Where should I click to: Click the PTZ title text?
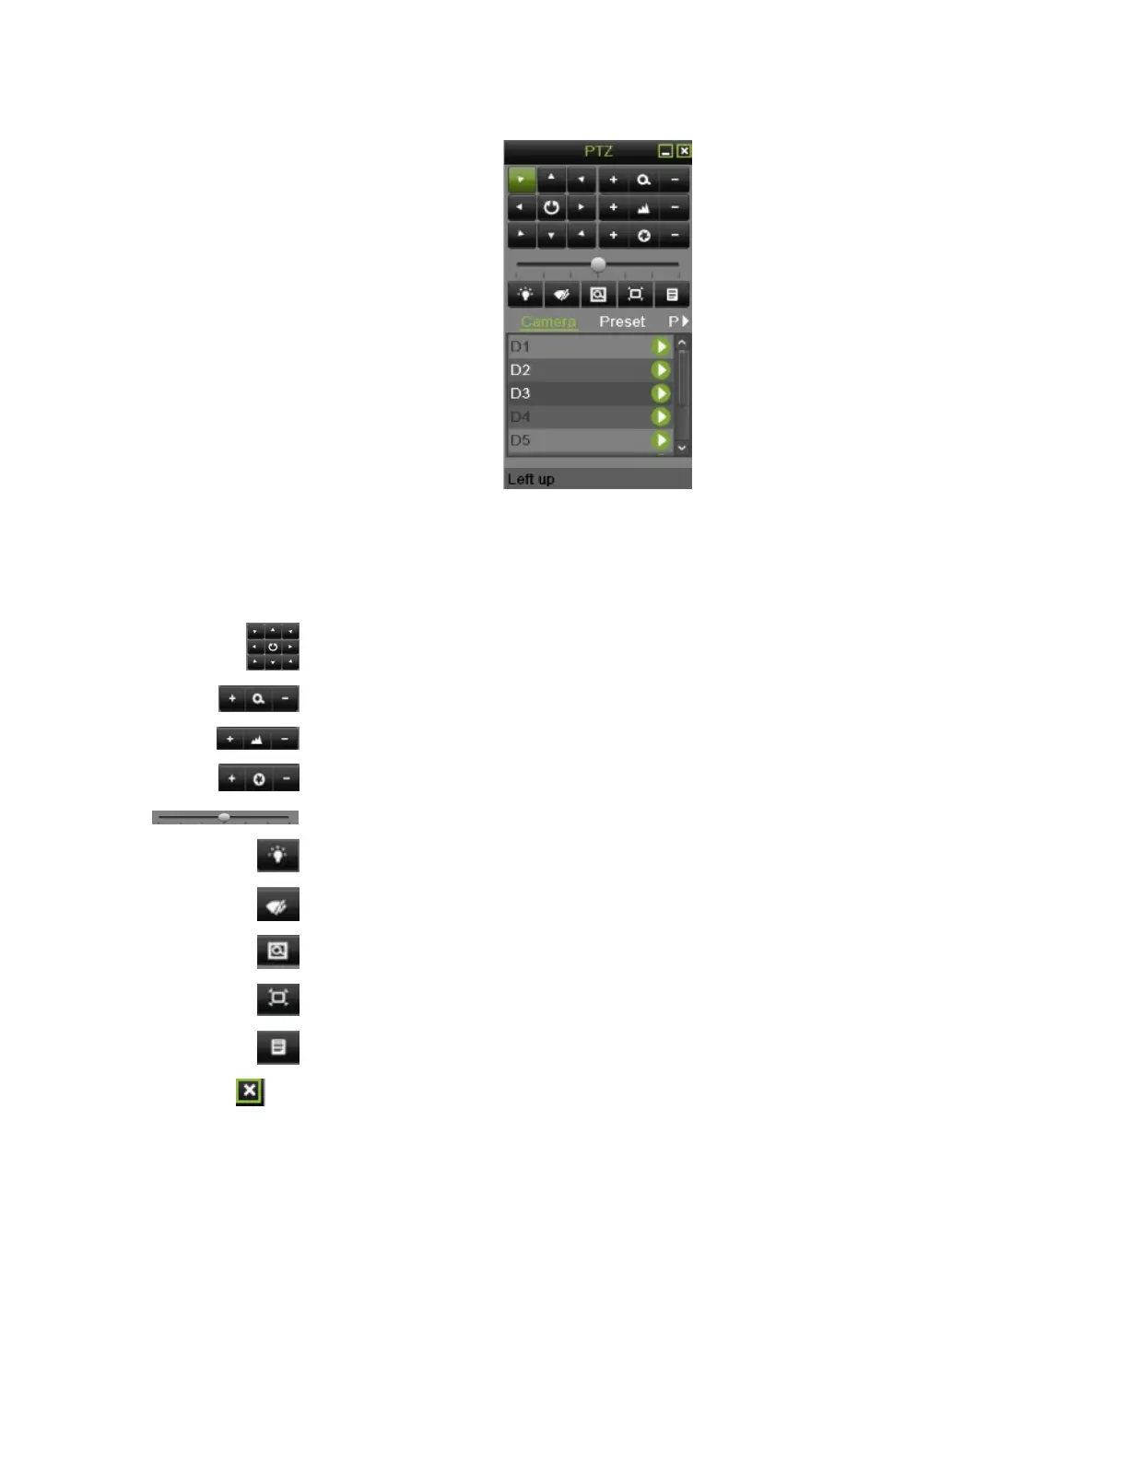(598, 151)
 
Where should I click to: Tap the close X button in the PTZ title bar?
(684, 151)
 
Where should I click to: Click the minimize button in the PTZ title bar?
(665, 151)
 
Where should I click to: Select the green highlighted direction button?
(522, 180)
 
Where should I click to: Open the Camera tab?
(548, 321)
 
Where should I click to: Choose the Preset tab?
(622, 321)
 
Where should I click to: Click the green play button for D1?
(661, 346)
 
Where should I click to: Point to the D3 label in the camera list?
(521, 393)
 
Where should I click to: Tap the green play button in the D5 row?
(661, 440)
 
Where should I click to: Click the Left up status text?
(531, 479)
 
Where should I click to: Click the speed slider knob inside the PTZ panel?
(598, 264)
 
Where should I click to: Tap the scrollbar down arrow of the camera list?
(682, 448)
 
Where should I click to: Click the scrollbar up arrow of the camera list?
(682, 343)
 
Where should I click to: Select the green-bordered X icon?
(250, 1091)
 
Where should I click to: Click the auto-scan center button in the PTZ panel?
(551, 207)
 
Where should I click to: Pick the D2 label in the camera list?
(521, 370)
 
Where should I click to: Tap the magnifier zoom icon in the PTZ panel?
(643, 180)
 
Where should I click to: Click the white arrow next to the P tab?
(685, 321)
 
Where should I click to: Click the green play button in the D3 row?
(661, 393)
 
